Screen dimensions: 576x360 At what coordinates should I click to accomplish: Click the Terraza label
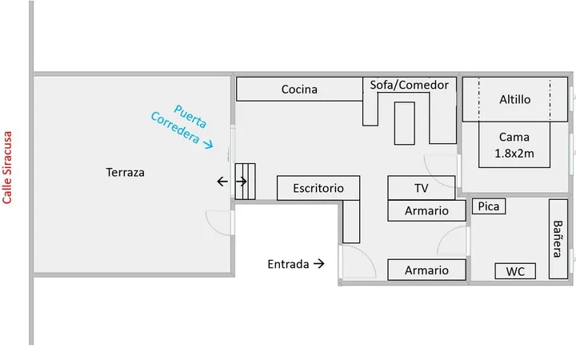[x=125, y=172]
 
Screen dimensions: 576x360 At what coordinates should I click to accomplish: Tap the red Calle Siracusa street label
[x=7, y=167]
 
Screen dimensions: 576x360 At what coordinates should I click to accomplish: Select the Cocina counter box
[x=299, y=89]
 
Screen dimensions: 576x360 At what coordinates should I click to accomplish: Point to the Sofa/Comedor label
[x=410, y=85]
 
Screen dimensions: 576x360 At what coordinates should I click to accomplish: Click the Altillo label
[x=514, y=99]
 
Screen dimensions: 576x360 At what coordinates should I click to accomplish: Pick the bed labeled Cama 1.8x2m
[x=514, y=145]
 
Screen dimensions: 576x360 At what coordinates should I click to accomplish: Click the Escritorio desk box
[x=318, y=188]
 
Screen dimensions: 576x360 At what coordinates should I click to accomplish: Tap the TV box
[x=422, y=188]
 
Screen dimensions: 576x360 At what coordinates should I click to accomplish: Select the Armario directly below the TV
[x=427, y=211]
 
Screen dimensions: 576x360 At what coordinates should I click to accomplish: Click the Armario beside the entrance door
[x=427, y=270]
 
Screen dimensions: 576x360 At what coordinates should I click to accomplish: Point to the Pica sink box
[x=489, y=206]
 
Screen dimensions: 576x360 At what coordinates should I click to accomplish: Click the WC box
[x=515, y=271]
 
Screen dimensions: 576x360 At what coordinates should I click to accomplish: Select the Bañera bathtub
[x=558, y=239]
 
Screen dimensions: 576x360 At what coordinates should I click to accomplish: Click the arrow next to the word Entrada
[x=319, y=264]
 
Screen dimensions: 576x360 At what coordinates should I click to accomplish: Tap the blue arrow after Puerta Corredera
[x=208, y=144]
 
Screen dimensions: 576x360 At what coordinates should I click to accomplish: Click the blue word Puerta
[x=190, y=117]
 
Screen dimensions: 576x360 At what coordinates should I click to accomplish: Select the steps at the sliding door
[x=245, y=182]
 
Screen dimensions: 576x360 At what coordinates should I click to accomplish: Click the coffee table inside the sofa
[x=405, y=123]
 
